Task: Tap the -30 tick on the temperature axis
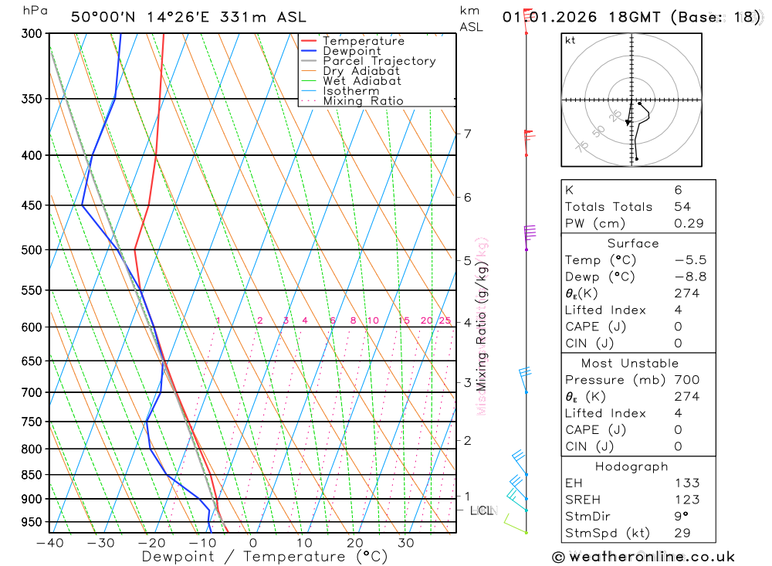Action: point(100,543)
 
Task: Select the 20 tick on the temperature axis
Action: point(354,543)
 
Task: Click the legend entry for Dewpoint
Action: point(352,51)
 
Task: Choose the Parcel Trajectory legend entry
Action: point(379,61)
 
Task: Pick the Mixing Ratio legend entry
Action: point(363,101)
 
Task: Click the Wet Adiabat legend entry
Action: point(362,81)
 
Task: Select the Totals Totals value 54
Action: point(682,206)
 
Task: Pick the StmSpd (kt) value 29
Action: point(682,533)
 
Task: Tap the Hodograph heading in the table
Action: point(632,466)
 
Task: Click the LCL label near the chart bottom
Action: point(481,510)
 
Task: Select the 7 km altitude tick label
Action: point(467,134)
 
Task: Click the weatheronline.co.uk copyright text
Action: point(644,557)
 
